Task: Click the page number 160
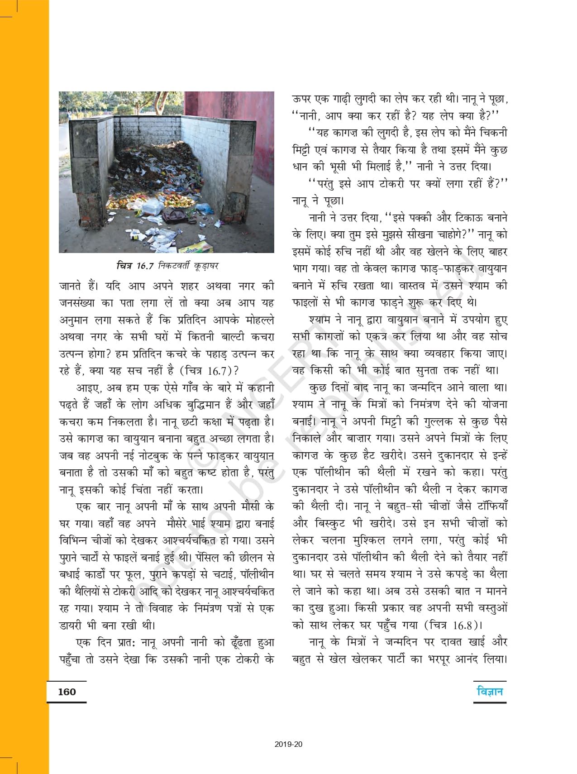point(67,692)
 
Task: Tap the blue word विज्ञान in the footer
point(490,691)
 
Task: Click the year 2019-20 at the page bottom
point(288,744)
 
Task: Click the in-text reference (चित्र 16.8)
point(453,625)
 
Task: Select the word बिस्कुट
point(330,523)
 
